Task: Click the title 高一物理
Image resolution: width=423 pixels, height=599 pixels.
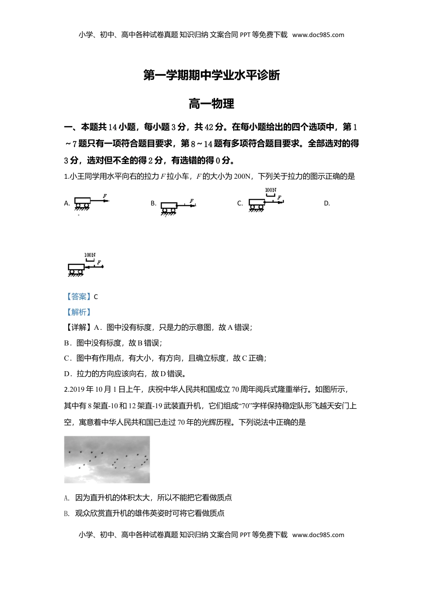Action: coord(211,104)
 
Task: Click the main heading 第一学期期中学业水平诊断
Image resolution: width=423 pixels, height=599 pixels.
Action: coord(211,75)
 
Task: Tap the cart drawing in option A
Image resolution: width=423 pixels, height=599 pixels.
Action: coord(82,203)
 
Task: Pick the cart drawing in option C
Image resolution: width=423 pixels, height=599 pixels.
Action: coord(256,204)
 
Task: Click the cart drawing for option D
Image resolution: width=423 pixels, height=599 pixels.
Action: coord(76,268)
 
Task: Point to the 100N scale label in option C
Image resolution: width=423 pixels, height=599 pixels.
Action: coord(271,190)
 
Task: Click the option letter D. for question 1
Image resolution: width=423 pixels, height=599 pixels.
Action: coord(327,204)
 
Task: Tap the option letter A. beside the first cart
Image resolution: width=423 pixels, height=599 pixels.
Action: coord(67,203)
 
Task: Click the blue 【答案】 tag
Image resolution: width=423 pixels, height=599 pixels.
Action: coord(78,297)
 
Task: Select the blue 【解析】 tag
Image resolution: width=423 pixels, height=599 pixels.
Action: coord(78,312)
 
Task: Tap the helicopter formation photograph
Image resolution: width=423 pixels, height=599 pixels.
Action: coord(107,460)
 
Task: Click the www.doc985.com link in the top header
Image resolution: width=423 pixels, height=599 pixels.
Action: coord(318,35)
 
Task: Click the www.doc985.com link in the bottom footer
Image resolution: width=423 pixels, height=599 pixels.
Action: coord(318,535)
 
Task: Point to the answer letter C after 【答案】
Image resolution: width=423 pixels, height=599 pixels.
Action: coord(96,297)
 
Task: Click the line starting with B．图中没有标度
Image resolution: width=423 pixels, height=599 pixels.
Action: coord(113,343)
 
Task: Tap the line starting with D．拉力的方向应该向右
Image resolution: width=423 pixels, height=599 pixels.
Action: coord(125,373)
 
